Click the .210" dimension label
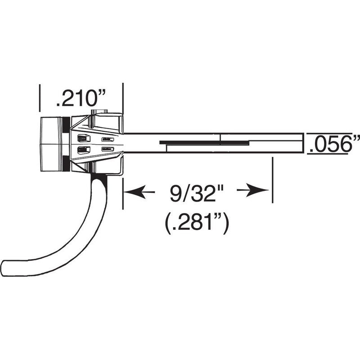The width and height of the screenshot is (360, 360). (x=81, y=98)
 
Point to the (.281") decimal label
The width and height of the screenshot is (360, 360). (x=197, y=222)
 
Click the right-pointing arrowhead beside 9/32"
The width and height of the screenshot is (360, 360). (x=258, y=192)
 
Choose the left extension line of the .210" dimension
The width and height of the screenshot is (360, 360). (x=40, y=98)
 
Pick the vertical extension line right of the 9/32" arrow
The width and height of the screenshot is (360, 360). (x=272, y=180)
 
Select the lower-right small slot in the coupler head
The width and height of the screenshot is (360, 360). (x=108, y=149)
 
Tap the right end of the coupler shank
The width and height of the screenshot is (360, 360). (x=302, y=143)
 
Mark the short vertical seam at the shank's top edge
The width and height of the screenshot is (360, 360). (x=220, y=136)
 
